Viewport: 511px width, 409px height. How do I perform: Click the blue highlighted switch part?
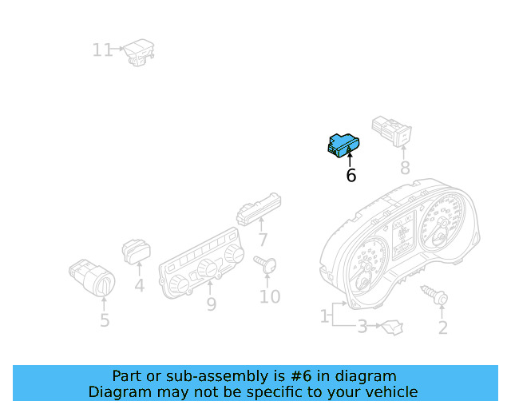click(x=343, y=145)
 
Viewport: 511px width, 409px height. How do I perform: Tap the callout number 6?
click(x=351, y=176)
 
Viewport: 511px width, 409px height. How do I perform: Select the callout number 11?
click(x=102, y=50)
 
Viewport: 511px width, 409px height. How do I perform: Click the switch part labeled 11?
click(x=139, y=53)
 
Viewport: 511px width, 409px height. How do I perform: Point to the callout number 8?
click(x=405, y=168)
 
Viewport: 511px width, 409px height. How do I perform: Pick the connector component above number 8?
click(x=392, y=131)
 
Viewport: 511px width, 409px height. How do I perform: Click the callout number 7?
click(x=263, y=240)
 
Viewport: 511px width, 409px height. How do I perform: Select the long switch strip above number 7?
click(x=259, y=210)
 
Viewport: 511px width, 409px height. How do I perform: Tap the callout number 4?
click(x=140, y=286)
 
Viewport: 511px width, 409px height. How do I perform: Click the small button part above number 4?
click(x=137, y=251)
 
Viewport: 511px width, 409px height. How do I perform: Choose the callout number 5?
click(x=105, y=320)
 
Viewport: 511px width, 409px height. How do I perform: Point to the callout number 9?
click(x=212, y=304)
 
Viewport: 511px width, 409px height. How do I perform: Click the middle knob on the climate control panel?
click(x=208, y=268)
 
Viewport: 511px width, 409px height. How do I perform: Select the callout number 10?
click(x=270, y=296)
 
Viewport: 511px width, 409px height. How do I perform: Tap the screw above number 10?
click(x=265, y=264)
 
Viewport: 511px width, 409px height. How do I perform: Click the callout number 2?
click(x=443, y=328)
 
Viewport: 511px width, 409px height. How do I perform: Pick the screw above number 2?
click(x=434, y=294)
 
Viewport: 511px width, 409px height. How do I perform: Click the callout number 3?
click(x=362, y=326)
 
